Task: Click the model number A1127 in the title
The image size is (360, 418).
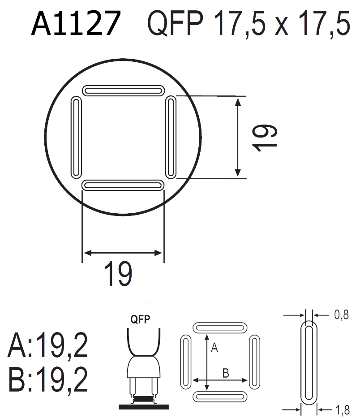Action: (76, 23)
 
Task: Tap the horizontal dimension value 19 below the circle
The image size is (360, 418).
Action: (117, 273)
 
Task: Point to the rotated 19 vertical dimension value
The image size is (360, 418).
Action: (265, 138)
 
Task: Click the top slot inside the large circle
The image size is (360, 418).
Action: (123, 90)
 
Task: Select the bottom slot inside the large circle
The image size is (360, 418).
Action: (123, 185)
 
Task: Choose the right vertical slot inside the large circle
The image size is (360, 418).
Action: (171, 137)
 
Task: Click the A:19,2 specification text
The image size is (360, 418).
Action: (48, 346)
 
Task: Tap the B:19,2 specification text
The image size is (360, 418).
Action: (48, 379)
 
